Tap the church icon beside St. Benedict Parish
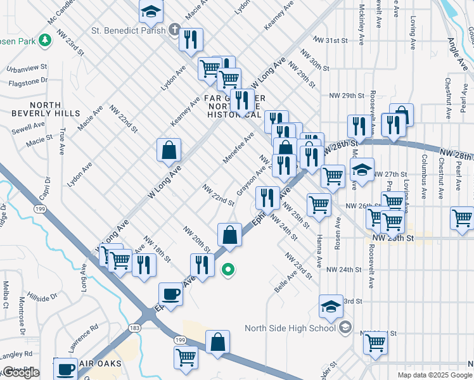[175, 29]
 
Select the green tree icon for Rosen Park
[44, 41]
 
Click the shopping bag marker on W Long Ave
[169, 150]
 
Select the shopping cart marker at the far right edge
[462, 218]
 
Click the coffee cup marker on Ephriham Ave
[170, 294]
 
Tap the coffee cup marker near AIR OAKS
[65, 369]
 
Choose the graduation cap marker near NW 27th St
[362, 171]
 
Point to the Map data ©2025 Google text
[435, 375]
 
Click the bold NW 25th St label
[393, 237]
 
